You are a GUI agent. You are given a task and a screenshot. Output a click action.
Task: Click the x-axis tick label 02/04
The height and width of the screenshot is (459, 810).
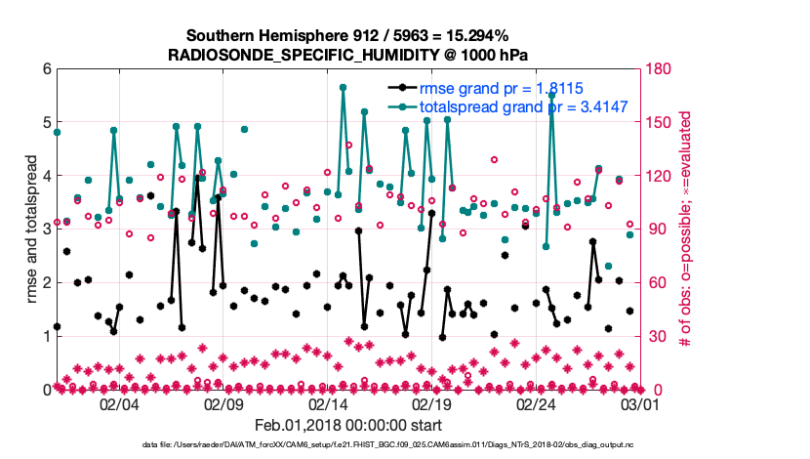[119, 404]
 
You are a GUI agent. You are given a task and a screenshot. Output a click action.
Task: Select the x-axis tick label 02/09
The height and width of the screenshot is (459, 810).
[223, 404]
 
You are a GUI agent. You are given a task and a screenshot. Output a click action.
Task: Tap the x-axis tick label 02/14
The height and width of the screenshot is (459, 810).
[328, 404]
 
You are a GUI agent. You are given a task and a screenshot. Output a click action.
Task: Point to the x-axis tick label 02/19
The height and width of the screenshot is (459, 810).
[432, 404]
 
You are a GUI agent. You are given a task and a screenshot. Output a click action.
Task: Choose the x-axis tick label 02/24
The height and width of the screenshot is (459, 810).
[537, 404]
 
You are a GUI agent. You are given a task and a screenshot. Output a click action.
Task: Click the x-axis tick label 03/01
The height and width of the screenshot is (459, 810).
[641, 404]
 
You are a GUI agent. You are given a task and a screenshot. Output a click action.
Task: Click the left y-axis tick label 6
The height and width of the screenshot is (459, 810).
[46, 69]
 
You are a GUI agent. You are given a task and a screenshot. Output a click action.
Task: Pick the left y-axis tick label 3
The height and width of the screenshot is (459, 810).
[46, 229]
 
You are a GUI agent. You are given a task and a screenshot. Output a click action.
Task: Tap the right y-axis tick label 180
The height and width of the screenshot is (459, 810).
[659, 69]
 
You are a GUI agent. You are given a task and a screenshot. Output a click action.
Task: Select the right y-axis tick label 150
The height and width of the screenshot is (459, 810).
[659, 122]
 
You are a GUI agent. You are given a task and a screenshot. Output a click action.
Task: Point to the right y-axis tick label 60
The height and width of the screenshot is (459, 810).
[655, 282]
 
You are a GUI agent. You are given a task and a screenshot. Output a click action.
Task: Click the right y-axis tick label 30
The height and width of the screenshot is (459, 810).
[655, 336]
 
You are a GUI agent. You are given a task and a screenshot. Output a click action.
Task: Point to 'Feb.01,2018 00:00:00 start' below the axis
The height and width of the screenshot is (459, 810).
[348, 425]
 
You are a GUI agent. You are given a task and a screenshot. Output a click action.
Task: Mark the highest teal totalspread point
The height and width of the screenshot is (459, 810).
[344, 87]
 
